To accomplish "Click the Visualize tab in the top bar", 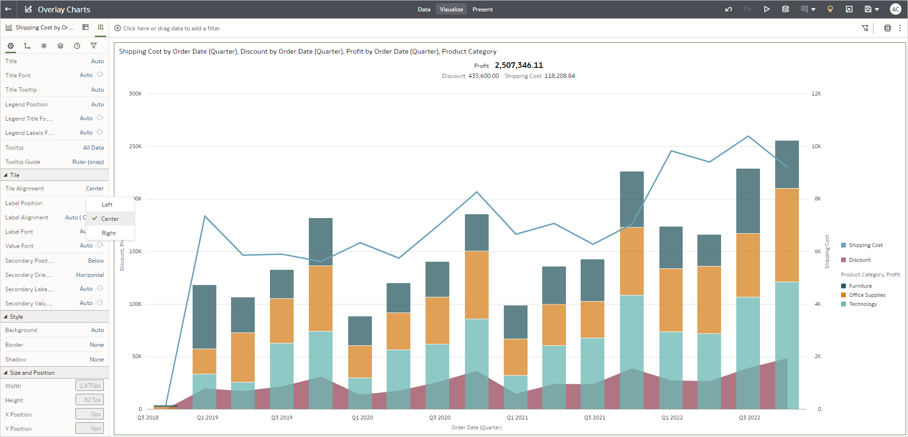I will click(x=451, y=9).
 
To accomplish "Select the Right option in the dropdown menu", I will click(x=109, y=233).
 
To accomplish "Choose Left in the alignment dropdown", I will click(x=107, y=205).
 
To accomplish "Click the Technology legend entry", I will click(x=862, y=304).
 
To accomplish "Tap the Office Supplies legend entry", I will click(x=867, y=295).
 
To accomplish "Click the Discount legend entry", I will click(x=860, y=260).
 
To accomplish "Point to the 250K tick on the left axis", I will click(x=135, y=146).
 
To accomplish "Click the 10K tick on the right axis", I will click(x=816, y=146).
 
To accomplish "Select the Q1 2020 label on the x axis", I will click(x=362, y=418).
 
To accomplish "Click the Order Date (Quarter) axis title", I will click(x=476, y=427).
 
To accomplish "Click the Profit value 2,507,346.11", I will click(x=519, y=66).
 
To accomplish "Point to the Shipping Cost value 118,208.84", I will click(x=559, y=76).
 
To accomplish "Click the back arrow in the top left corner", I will click(x=8, y=9).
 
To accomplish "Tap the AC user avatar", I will click(x=895, y=9).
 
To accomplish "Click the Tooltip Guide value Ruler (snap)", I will click(x=88, y=162).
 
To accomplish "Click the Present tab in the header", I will click(x=482, y=9).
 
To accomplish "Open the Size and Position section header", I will click(x=32, y=373).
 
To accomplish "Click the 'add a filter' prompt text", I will click(x=171, y=28).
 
